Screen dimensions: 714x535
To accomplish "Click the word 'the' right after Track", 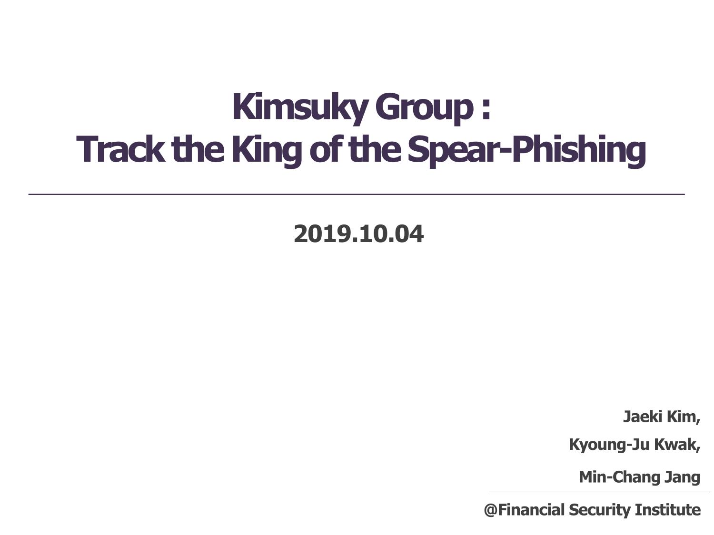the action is [198, 149].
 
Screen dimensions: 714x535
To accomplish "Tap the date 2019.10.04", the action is [358, 234].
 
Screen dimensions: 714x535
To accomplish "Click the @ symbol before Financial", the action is [491, 510].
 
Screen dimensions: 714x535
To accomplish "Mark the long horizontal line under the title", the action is [357, 194].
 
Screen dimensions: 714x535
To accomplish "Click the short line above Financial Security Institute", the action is [600, 492].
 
